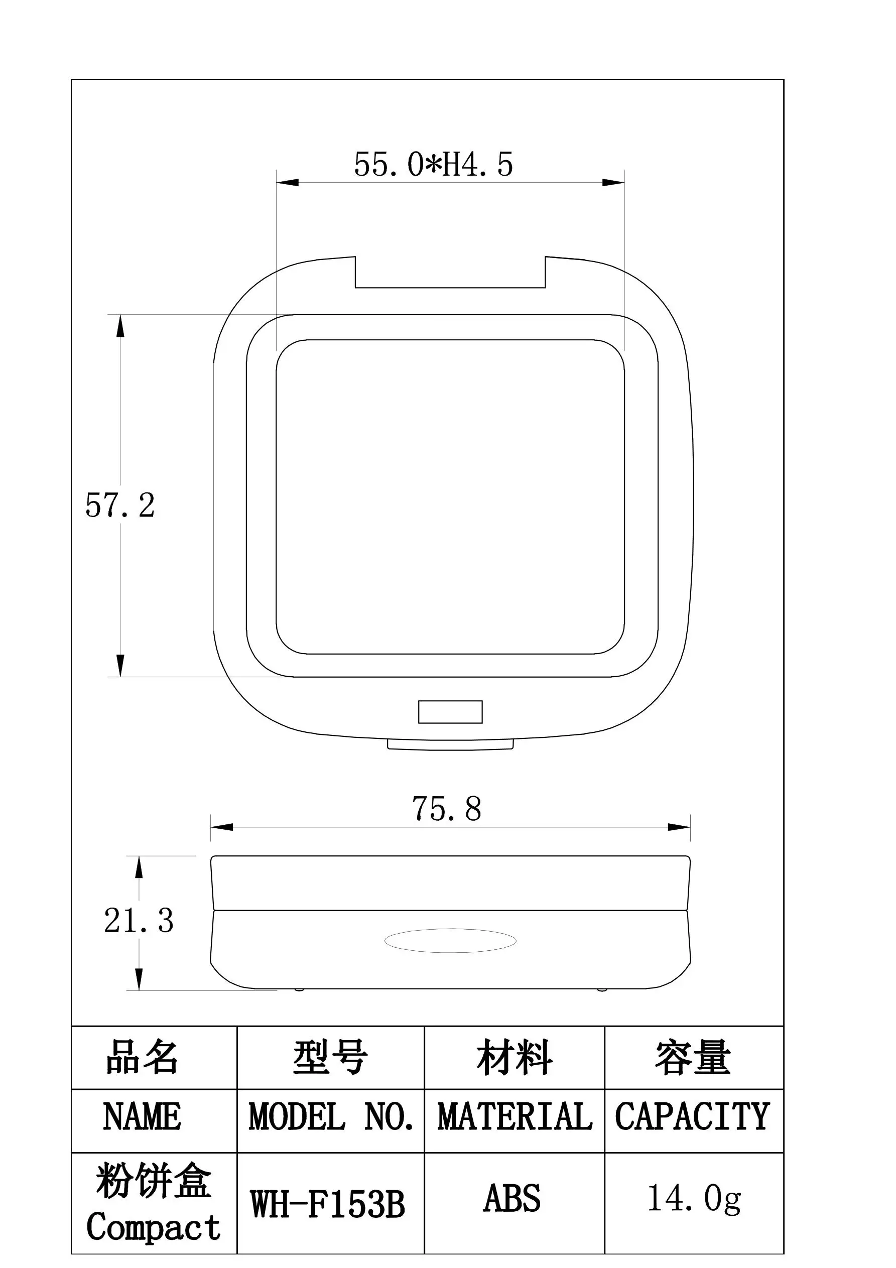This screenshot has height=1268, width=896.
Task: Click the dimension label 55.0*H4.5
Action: pyautogui.click(x=433, y=165)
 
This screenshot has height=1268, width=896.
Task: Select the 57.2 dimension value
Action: pyautogui.click(x=120, y=505)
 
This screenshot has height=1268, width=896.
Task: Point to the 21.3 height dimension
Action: pyautogui.click(x=139, y=921)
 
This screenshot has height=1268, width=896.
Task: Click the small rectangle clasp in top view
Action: pyautogui.click(x=450, y=712)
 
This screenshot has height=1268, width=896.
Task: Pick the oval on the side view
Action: pyautogui.click(x=450, y=941)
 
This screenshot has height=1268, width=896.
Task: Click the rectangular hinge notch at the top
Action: pyautogui.click(x=450, y=273)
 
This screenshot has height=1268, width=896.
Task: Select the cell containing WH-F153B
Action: pyautogui.click(x=328, y=1204)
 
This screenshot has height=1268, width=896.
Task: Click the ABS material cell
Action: pyautogui.click(x=512, y=1199)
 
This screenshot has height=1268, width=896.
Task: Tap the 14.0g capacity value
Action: pyautogui.click(x=694, y=1199)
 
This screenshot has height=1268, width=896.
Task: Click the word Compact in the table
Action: pyautogui.click(x=154, y=1227)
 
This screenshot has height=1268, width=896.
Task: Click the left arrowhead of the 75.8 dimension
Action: pyautogui.click(x=221, y=827)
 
